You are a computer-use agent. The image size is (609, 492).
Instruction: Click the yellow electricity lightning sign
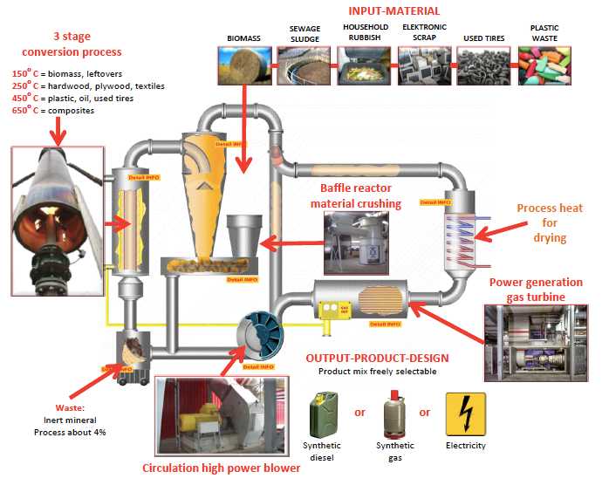coord(465,413)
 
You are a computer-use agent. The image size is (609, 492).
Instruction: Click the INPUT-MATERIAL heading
coord(393,11)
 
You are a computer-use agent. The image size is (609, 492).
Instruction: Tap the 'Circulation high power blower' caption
coord(221,468)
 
